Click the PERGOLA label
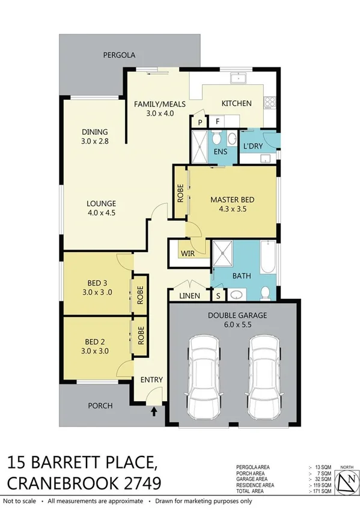119,55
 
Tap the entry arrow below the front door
155,412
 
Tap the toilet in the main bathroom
265,293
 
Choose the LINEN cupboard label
190,296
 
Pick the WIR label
188,254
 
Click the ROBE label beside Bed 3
139,295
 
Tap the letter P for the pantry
200,123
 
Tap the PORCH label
100,405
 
